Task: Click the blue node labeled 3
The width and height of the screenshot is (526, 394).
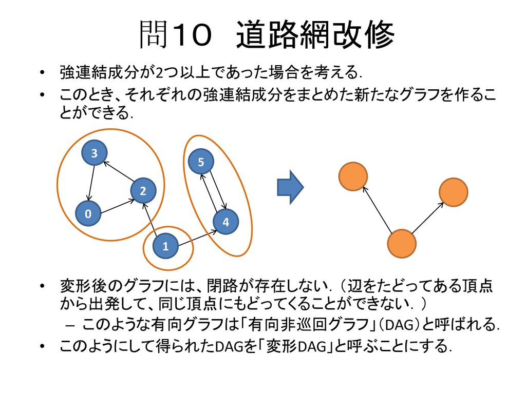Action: [94, 153]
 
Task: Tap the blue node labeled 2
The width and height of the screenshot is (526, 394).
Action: [143, 191]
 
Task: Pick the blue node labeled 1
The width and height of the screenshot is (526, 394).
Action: [165, 246]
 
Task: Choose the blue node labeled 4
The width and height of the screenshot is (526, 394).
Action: [226, 222]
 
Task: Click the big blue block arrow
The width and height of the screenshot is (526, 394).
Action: [290, 187]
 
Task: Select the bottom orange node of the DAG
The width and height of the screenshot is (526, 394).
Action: [401, 243]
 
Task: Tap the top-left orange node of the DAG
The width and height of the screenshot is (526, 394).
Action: [353, 175]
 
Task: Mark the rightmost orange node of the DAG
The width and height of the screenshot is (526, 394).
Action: [454, 192]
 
